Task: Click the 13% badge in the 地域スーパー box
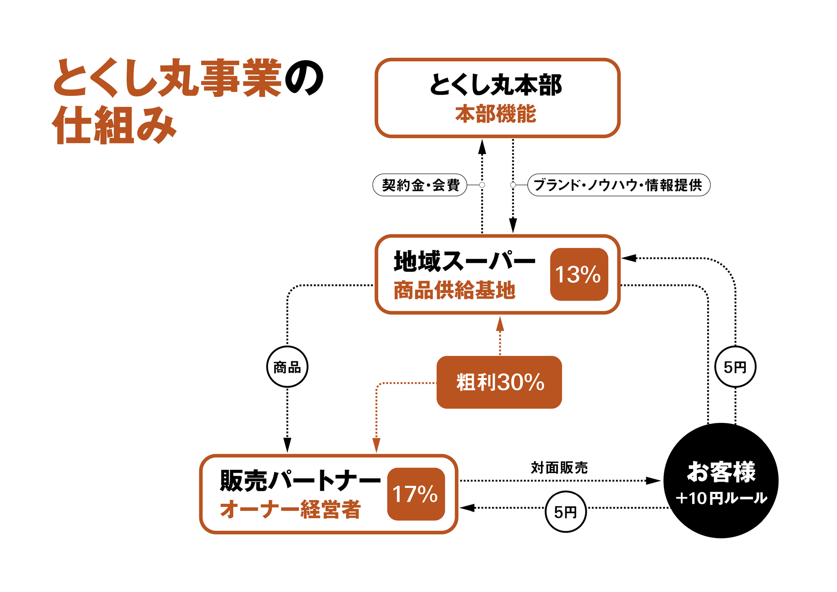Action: [x=579, y=274]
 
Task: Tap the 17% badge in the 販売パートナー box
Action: [x=416, y=494]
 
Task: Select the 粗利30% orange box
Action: [x=499, y=382]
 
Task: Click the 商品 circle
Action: [x=287, y=367]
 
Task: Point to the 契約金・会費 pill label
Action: [x=420, y=185]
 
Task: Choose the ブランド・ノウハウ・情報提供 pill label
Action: [x=619, y=185]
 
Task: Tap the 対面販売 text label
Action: [x=559, y=468]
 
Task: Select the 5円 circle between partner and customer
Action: [x=565, y=512]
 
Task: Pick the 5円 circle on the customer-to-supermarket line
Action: [x=735, y=367]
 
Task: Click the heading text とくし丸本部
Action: [x=496, y=85]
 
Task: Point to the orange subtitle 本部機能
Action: [x=496, y=114]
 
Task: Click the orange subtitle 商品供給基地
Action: [x=454, y=290]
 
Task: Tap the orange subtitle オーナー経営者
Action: [x=290, y=510]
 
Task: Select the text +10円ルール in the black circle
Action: [x=721, y=498]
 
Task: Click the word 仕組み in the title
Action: [x=114, y=125]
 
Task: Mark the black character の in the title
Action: [x=304, y=78]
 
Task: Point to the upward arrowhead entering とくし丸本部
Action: [x=482, y=147]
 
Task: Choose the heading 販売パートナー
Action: [x=300, y=480]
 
